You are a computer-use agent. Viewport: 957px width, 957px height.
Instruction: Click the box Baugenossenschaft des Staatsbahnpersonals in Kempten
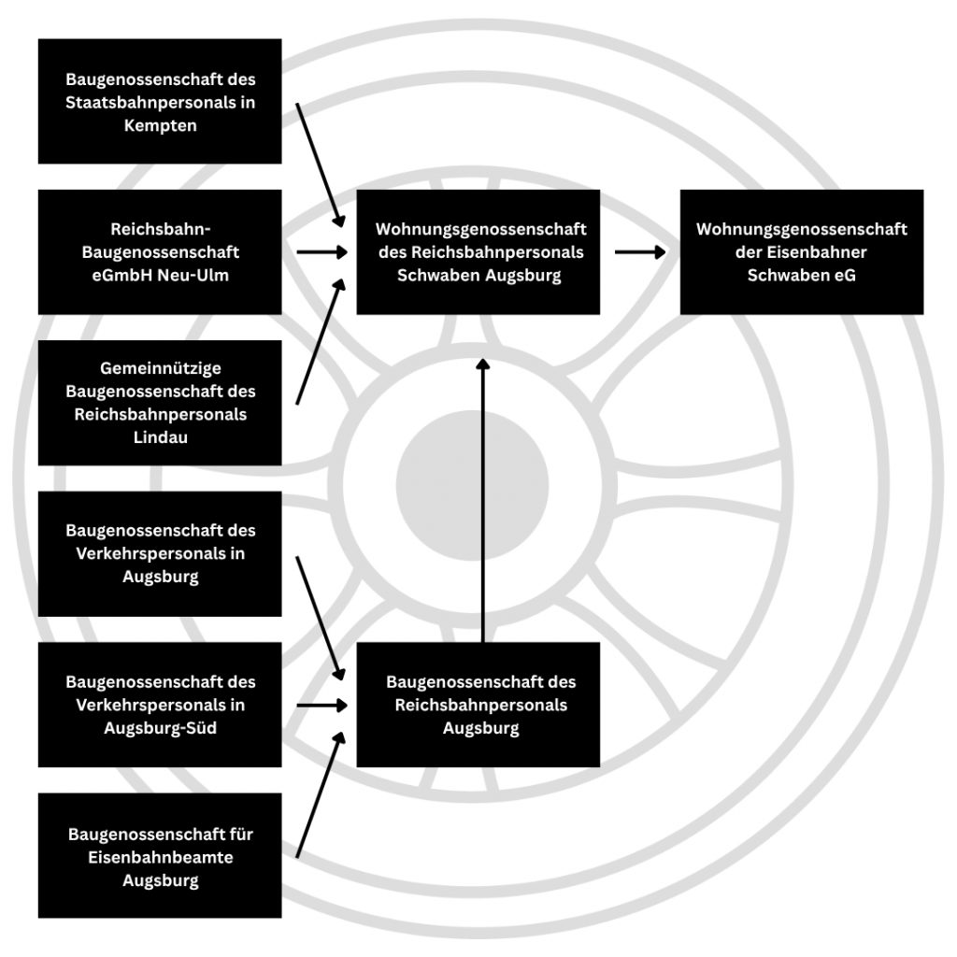pyautogui.click(x=160, y=101)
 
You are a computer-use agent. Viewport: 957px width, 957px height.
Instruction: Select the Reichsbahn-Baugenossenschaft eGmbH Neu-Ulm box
pyautogui.click(x=160, y=252)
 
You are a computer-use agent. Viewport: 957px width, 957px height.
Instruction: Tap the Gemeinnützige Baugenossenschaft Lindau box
pyautogui.click(x=160, y=403)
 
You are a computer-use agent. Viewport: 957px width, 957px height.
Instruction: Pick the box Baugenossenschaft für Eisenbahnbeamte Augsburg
pyautogui.click(x=160, y=856)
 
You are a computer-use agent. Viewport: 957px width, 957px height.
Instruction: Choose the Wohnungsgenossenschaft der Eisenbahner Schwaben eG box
pyautogui.click(x=801, y=252)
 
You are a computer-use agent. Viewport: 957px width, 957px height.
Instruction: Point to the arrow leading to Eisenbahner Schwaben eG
pyautogui.click(x=640, y=252)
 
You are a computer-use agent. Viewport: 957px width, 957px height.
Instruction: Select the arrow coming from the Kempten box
pyautogui.click(x=319, y=164)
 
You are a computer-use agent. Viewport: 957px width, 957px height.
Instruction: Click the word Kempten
pyautogui.click(x=160, y=125)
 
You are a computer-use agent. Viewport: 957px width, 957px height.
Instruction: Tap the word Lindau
pyautogui.click(x=160, y=436)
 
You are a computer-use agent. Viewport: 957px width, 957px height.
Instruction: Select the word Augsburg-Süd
pyautogui.click(x=160, y=728)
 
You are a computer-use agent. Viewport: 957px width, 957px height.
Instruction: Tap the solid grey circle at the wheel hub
pyautogui.click(x=473, y=485)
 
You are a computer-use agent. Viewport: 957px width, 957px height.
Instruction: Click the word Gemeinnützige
pyautogui.click(x=160, y=369)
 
